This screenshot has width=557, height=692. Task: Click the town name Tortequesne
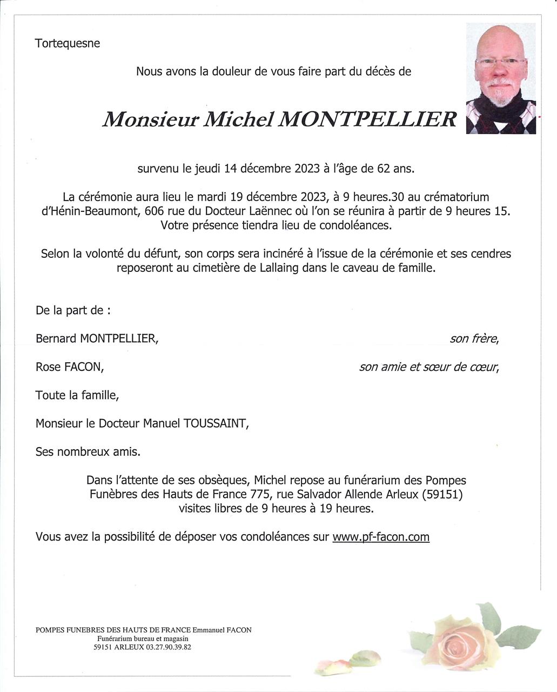pyautogui.click(x=68, y=43)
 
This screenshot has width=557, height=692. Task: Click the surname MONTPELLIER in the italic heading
pyautogui.click(x=367, y=119)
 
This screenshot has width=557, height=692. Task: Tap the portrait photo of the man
pyautogui.click(x=500, y=78)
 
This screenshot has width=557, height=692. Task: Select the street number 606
pyautogui.click(x=155, y=211)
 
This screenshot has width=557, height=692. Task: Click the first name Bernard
pyautogui.click(x=56, y=338)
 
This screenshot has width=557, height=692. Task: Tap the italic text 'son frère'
pyautogui.click(x=474, y=339)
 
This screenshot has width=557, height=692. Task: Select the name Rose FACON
pyautogui.click(x=69, y=367)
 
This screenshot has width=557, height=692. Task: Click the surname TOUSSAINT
pyautogui.click(x=216, y=423)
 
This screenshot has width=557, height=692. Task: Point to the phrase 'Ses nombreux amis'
pyautogui.click(x=88, y=451)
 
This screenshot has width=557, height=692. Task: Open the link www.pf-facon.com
pyautogui.click(x=381, y=537)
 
